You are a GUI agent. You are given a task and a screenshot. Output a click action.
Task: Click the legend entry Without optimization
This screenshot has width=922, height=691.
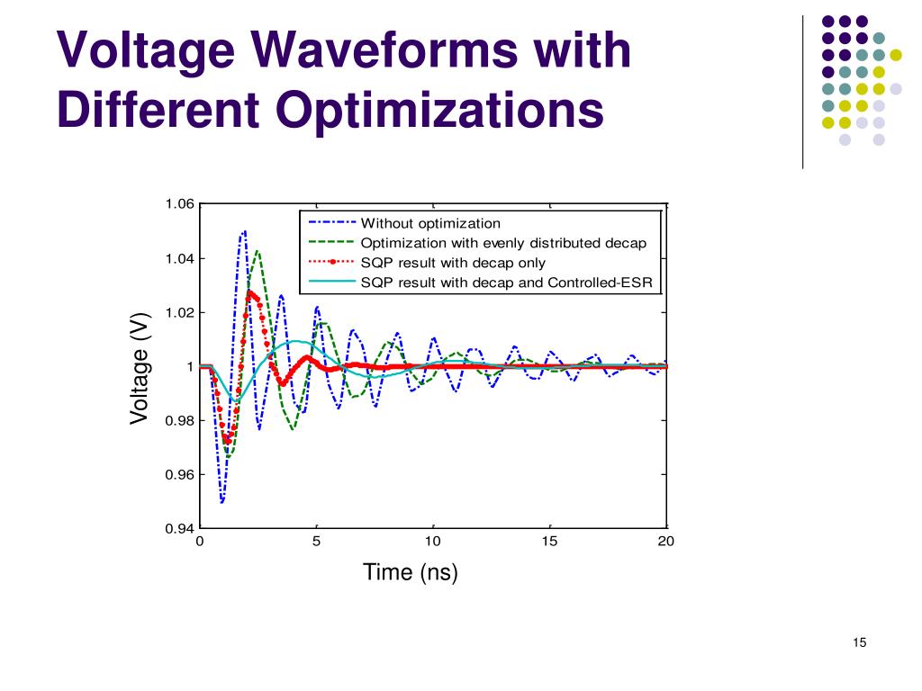[x=430, y=223]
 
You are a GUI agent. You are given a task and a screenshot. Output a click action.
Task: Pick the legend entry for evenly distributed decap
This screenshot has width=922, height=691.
[x=503, y=243]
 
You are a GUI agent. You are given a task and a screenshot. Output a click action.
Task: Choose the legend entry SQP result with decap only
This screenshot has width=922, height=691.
[x=453, y=263]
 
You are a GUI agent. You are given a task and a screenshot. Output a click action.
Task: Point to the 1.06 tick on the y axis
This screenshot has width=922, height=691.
[x=179, y=204]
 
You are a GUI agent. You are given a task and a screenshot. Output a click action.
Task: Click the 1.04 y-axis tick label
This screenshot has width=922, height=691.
[x=179, y=259]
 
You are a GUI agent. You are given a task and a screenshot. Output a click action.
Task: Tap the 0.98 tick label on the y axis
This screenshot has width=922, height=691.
[x=179, y=420]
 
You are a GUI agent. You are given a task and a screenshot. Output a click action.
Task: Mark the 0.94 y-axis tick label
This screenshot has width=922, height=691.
[x=179, y=528]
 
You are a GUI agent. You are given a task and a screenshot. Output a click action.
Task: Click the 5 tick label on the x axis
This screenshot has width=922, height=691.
[x=316, y=542]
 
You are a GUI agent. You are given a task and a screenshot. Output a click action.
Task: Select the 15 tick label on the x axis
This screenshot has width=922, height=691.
[x=550, y=542]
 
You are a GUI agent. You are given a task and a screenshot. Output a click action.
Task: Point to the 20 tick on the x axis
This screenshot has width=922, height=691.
[x=666, y=542]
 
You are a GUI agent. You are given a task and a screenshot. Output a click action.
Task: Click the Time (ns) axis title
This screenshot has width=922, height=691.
[x=411, y=572]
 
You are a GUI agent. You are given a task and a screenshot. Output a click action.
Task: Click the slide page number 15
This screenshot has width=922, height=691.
[x=858, y=642]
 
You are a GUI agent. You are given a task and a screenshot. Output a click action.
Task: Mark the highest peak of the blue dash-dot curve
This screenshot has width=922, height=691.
[x=244, y=231]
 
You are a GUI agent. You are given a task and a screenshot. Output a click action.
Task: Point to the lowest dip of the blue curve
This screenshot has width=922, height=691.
[x=221, y=501]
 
